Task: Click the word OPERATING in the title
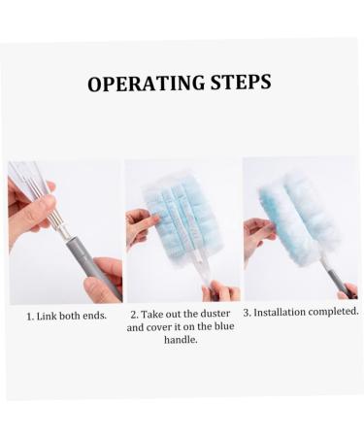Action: pyautogui.click(x=147, y=84)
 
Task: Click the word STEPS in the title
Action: pyautogui.click(x=241, y=82)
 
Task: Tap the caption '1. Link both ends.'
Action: pyautogui.click(x=66, y=316)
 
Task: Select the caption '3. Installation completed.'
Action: pyautogui.click(x=301, y=312)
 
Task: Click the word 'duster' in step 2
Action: pyautogui.click(x=215, y=314)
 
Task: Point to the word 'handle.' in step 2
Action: pyautogui.click(x=181, y=340)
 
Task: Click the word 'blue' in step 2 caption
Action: pyautogui.click(x=224, y=326)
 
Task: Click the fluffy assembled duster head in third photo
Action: pyautogui.click(x=298, y=217)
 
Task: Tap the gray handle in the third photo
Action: pyautogui.click(x=338, y=281)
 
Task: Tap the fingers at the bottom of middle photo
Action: pyautogui.click(x=220, y=291)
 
